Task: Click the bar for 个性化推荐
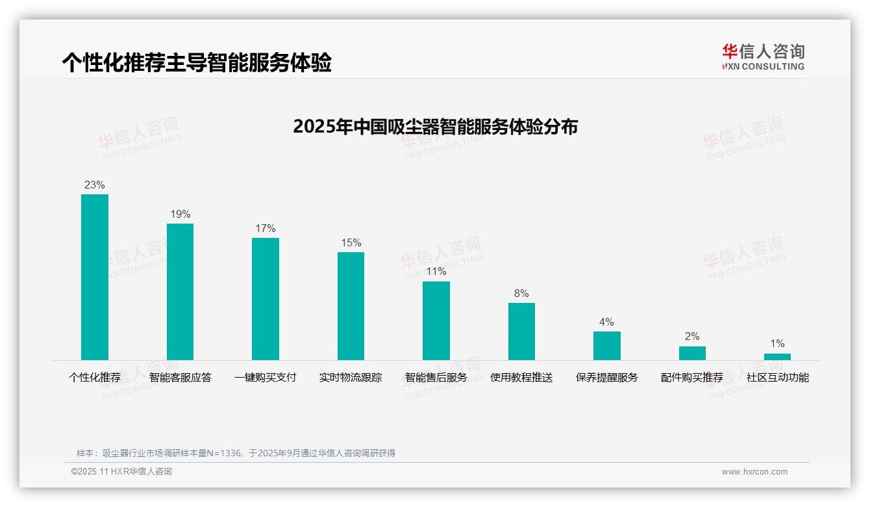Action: [95, 277]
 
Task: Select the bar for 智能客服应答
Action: [180, 291]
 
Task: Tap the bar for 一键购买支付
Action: [266, 298]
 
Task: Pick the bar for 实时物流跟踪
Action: [351, 305]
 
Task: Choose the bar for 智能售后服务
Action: [436, 320]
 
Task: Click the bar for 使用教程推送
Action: [521, 331]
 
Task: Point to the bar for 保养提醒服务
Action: [607, 345]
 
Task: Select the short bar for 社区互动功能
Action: [777, 357]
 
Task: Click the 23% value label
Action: [95, 185]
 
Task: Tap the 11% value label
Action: [436, 271]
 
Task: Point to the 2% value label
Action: [692, 336]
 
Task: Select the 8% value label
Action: [521, 293]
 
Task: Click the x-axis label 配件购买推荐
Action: [692, 377]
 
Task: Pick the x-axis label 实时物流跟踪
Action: [351, 377]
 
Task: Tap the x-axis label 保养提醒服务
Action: [607, 377]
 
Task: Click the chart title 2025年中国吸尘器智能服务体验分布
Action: [435, 126]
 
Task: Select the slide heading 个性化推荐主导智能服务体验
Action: [197, 62]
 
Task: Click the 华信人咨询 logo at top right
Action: [763, 57]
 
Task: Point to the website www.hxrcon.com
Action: [754, 472]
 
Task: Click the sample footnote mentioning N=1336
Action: [236, 453]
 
